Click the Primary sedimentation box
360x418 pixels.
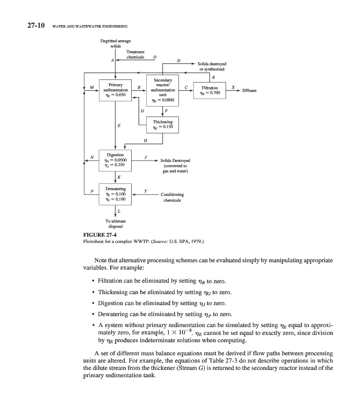tap(115, 89)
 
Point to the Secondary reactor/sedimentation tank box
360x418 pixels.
tap(162, 89)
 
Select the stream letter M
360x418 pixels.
tap(92, 87)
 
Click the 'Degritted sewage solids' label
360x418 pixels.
tap(115, 43)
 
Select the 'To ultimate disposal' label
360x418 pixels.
tap(115, 224)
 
